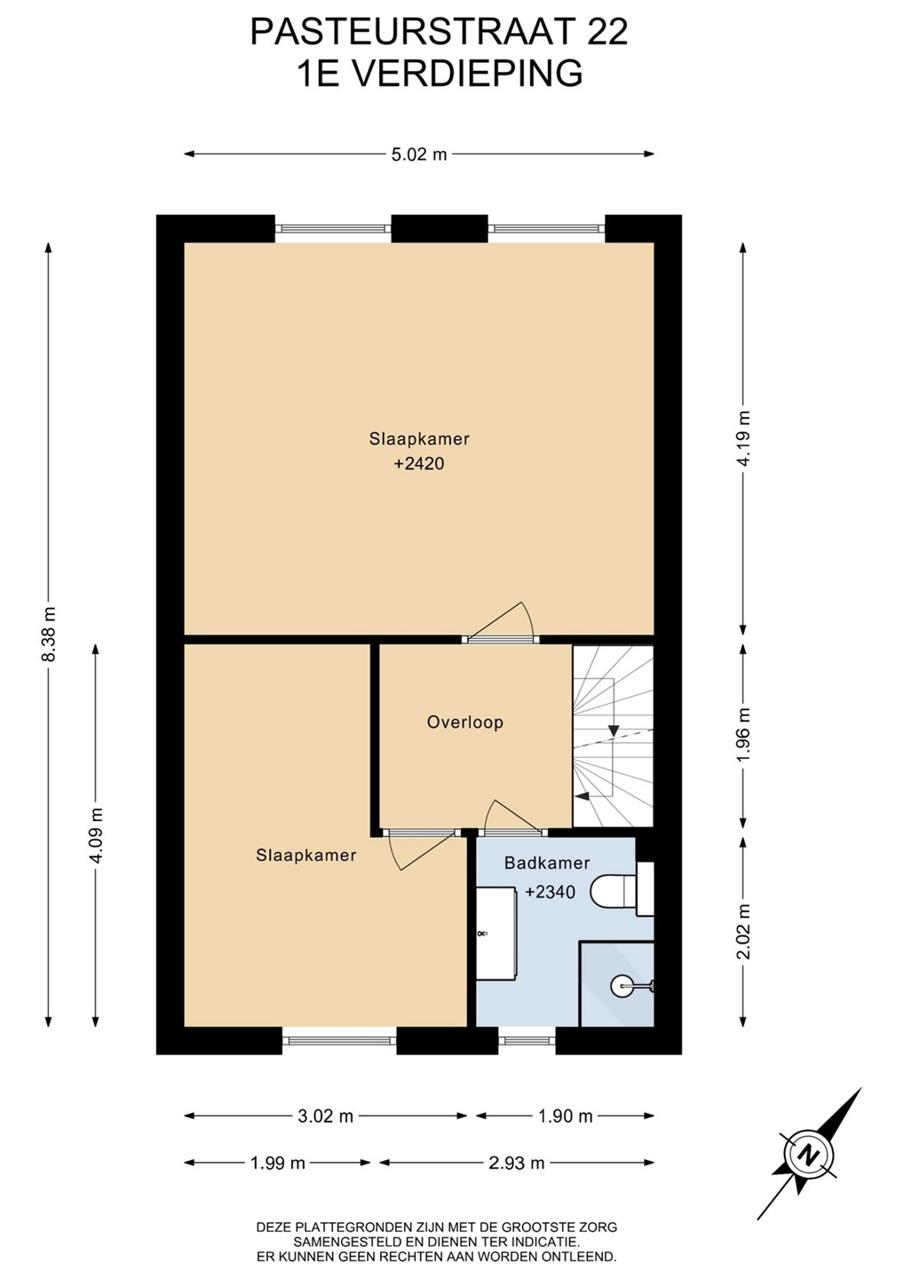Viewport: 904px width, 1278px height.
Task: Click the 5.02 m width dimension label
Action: [419, 154]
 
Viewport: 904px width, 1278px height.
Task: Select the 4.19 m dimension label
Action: [744, 438]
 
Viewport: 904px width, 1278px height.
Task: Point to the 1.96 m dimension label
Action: [744, 735]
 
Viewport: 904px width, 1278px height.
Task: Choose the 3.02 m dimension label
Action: [326, 1116]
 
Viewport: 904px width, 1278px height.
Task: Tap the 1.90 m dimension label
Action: [566, 1116]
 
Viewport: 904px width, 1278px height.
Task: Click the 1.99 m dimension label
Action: [278, 1163]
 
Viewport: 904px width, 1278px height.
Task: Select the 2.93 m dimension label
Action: [517, 1163]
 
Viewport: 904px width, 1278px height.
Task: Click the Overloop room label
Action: [465, 722]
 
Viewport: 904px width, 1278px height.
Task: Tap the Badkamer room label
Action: [547, 863]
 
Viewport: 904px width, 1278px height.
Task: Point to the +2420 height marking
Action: [419, 463]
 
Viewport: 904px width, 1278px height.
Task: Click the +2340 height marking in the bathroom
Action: [550, 891]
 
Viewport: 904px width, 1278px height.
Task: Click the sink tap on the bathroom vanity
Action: [482, 934]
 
